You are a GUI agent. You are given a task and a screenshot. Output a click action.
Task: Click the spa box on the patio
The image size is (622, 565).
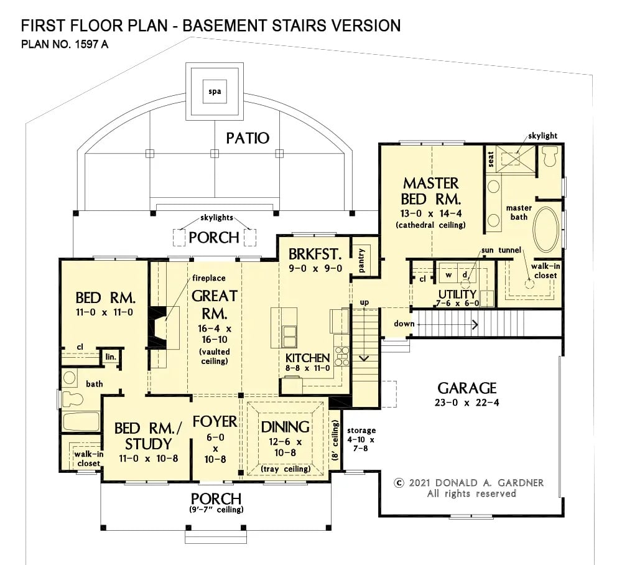[214, 93]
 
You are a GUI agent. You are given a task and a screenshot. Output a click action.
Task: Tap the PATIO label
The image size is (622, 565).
[248, 138]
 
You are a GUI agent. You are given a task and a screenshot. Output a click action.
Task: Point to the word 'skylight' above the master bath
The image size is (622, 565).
[542, 135]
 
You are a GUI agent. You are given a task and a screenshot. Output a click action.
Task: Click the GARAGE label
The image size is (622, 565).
[467, 388]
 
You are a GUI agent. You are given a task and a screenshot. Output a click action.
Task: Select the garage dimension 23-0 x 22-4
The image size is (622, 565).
[467, 403]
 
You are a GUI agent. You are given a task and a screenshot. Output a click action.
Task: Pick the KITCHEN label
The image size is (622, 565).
[307, 358]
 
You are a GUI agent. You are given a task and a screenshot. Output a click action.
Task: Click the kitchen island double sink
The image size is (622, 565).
[289, 335]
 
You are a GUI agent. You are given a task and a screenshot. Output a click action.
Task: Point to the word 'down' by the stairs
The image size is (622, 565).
[403, 324]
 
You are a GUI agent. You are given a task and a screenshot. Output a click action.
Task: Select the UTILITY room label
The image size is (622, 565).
[457, 294]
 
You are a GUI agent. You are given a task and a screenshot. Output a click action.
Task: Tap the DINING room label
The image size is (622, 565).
[285, 427]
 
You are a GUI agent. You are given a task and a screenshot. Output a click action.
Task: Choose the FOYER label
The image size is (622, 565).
[215, 421]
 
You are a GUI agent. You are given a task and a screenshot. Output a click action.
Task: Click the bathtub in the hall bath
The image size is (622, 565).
[81, 422]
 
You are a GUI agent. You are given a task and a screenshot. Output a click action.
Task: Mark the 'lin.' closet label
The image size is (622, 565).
[111, 357]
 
